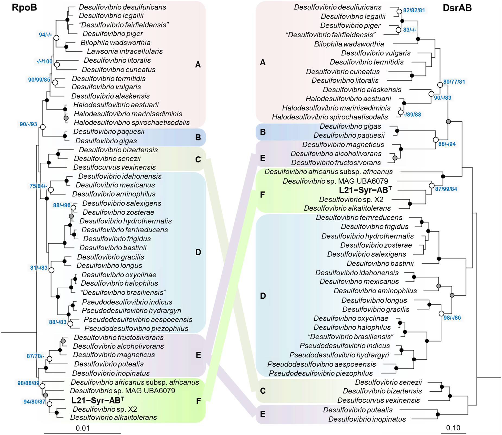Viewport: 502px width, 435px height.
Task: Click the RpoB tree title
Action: point(24,8)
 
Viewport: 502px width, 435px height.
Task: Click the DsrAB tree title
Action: point(457,8)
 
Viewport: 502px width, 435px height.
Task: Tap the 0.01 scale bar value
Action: point(82,428)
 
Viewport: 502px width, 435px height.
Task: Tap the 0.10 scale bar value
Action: point(453,428)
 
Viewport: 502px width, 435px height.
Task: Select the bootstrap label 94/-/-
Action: point(45,35)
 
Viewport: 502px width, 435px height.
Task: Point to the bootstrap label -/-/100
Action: point(45,61)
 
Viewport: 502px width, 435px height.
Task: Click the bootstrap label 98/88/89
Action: point(28,383)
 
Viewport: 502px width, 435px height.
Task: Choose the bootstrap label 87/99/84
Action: point(446,189)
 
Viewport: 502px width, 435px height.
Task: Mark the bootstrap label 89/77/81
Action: point(454,82)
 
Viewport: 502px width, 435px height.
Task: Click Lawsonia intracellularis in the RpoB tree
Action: point(125,51)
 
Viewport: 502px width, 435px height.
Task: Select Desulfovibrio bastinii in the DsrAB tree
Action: point(380,263)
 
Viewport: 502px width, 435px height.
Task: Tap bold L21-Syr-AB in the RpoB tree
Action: point(98,400)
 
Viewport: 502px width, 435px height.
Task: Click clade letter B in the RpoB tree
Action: point(198,137)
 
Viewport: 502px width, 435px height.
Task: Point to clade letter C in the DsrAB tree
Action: point(263,391)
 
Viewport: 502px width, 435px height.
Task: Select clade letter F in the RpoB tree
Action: point(198,401)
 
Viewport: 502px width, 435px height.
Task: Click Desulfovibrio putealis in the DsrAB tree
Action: point(358,410)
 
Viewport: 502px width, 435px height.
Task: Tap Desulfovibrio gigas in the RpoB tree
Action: point(106,141)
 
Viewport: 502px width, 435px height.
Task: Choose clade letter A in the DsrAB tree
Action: point(262,62)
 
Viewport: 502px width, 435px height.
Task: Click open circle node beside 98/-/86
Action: point(441,314)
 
